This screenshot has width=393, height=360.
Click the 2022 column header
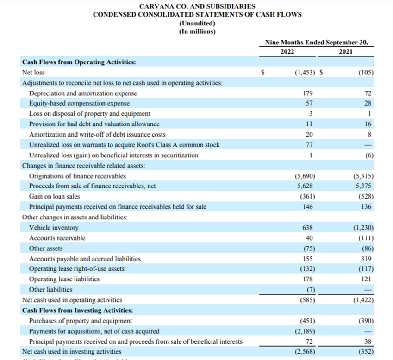287,52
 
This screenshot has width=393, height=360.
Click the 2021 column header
345,52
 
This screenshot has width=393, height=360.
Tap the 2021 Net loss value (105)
366,73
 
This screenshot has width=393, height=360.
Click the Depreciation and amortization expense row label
83,93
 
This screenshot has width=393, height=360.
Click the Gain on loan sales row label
54,196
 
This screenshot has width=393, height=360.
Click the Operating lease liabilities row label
64,279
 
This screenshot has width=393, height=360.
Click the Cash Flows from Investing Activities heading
77,310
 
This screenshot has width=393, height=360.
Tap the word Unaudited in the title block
197,23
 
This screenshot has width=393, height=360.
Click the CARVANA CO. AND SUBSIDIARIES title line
197,6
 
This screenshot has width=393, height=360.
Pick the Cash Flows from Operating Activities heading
79,62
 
